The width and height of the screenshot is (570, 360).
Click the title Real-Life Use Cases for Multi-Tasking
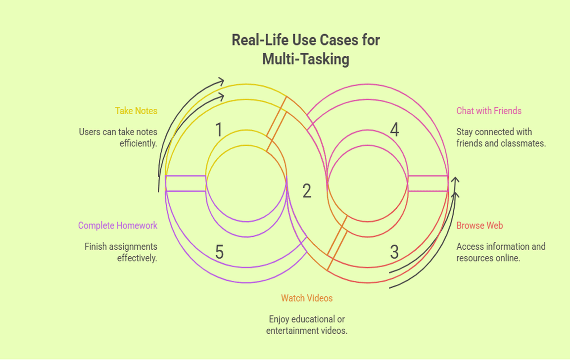click(x=305, y=49)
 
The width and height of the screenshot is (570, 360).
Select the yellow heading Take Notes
click(x=136, y=111)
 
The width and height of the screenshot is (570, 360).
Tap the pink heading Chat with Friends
click(x=489, y=111)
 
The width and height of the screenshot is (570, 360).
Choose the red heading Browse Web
click(x=479, y=225)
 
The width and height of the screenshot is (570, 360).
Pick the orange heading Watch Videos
click(x=307, y=298)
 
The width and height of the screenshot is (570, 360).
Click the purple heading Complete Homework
click(x=118, y=225)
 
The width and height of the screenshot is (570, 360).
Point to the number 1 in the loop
click(x=219, y=130)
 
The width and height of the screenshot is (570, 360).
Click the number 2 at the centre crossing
click(x=307, y=191)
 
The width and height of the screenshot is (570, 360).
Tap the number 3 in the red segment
click(x=394, y=252)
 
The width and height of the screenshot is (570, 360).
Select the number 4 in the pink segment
click(x=394, y=130)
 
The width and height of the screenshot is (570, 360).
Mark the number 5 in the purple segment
click(x=220, y=252)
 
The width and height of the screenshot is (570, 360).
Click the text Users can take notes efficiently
click(x=118, y=138)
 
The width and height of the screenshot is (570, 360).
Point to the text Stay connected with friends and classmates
click(x=501, y=138)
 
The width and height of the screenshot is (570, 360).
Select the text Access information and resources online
click(x=501, y=252)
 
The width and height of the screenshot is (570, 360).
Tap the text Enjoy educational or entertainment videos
click(x=307, y=325)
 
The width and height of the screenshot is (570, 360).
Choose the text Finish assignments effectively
click(x=121, y=252)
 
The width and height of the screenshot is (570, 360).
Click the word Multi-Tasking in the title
click(x=305, y=59)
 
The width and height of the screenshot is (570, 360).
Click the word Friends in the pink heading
click(x=507, y=111)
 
